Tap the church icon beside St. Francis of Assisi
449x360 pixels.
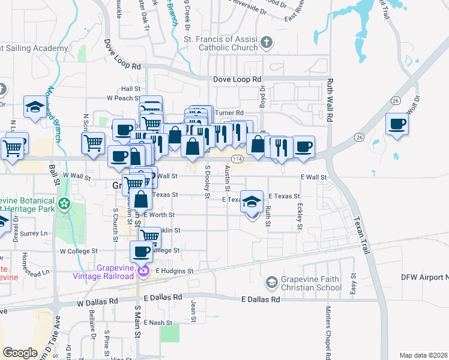click(x=267, y=43)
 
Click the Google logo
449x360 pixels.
click(x=20, y=353)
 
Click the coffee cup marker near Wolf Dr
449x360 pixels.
click(x=397, y=125)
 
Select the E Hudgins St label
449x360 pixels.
click(x=175, y=271)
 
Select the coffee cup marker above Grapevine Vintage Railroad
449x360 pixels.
click(x=142, y=251)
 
